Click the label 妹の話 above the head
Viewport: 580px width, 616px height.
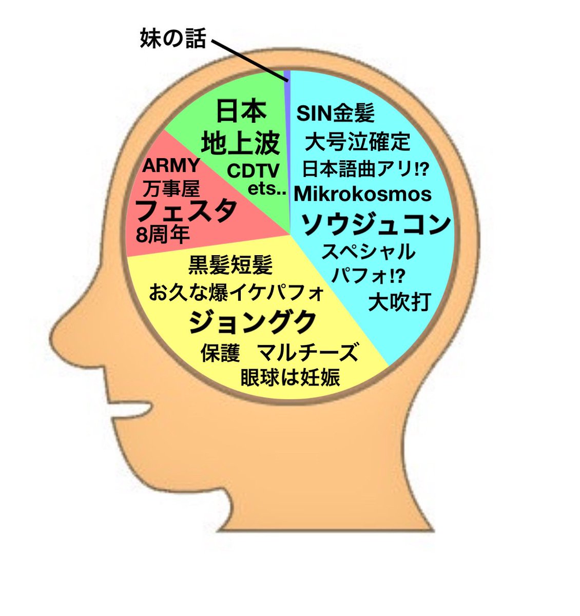[x=173, y=38]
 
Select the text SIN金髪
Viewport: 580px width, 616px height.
[x=336, y=113]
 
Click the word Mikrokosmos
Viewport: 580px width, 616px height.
[x=363, y=194]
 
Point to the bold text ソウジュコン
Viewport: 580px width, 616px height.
[x=375, y=224]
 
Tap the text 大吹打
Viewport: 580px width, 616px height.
[x=399, y=302]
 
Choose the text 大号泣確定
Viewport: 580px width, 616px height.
[x=357, y=141]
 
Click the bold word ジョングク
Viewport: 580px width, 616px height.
[x=252, y=322]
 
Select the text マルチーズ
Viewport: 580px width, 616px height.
[x=307, y=353]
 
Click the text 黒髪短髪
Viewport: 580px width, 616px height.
[x=230, y=265]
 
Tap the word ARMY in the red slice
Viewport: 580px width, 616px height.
[x=170, y=166]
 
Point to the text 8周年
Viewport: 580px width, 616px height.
[x=163, y=235]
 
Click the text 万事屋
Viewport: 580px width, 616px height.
[x=170, y=189]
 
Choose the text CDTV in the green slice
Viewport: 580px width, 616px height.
[x=253, y=170]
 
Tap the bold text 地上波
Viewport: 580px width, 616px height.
[x=240, y=144]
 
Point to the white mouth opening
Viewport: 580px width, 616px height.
[x=128, y=409]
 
